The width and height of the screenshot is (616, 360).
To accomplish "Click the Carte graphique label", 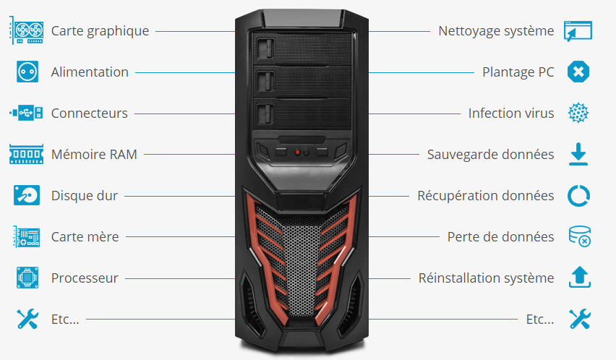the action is coord(100,31).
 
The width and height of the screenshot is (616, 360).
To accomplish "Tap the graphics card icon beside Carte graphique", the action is coord(27,31).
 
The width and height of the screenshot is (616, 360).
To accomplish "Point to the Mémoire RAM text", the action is coord(94,154).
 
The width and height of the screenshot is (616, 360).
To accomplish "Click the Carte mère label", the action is coord(85,236).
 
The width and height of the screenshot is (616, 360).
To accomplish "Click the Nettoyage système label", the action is coord(496,31).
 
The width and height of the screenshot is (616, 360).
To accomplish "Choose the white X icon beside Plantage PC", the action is coord(579,72).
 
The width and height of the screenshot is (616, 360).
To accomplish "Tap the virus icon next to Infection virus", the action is coord(579,113).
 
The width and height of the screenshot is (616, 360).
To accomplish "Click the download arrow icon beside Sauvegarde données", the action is coord(579,154).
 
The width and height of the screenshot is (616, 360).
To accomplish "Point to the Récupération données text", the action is coord(486,195).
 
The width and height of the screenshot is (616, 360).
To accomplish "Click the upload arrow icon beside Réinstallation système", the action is coord(579,278).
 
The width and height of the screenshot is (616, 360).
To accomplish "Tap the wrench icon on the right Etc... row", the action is coord(579,319).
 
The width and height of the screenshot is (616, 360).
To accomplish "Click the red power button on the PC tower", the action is coord(297,153).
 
